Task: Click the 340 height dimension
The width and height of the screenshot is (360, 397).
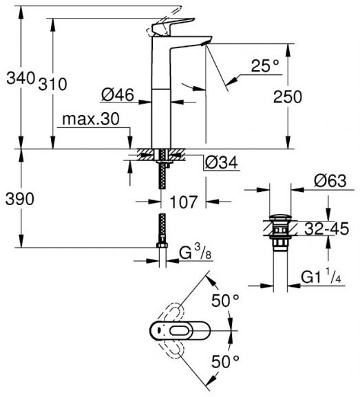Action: (x=21, y=78)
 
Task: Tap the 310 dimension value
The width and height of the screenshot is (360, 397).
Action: (x=52, y=84)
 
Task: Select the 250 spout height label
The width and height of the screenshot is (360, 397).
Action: (x=288, y=97)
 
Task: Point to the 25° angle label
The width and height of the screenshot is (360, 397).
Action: (x=265, y=66)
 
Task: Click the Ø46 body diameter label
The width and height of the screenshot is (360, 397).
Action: (x=118, y=95)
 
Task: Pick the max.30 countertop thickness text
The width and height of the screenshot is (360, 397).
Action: (x=90, y=119)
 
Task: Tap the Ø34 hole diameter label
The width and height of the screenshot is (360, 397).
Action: (x=222, y=162)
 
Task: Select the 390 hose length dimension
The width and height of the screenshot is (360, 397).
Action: (x=20, y=199)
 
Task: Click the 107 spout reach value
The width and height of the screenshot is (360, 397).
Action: (x=183, y=202)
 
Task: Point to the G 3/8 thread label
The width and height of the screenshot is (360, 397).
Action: (x=195, y=253)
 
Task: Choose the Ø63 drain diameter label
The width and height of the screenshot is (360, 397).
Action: (x=330, y=181)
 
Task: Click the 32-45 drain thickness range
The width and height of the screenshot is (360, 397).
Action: (x=326, y=228)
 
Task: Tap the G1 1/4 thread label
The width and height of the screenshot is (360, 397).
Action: (x=321, y=277)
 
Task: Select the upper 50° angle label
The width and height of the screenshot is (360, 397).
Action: (x=225, y=301)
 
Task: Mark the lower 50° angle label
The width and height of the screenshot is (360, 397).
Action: (x=225, y=361)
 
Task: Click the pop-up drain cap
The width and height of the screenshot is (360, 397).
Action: (x=280, y=217)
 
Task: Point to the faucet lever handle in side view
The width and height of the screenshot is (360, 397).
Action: (x=173, y=26)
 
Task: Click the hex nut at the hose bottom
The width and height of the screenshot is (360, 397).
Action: (x=162, y=245)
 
